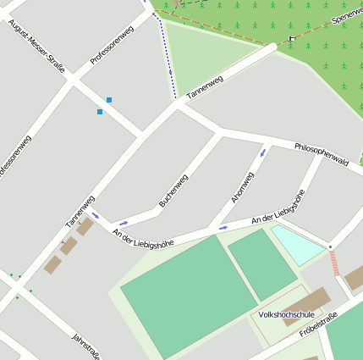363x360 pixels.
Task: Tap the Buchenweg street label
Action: coord(173,191)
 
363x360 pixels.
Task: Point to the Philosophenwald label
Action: coord(322,153)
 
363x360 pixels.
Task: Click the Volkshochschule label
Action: coord(286,314)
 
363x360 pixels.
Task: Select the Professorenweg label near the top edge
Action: coord(112,46)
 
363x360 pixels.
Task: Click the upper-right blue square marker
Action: coord(108,100)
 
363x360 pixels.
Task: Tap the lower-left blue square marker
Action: coord(100,111)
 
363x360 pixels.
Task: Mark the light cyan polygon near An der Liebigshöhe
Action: coord(298,245)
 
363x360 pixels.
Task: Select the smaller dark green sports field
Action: coord(262,264)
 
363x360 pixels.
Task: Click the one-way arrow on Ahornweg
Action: coord(263,153)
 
